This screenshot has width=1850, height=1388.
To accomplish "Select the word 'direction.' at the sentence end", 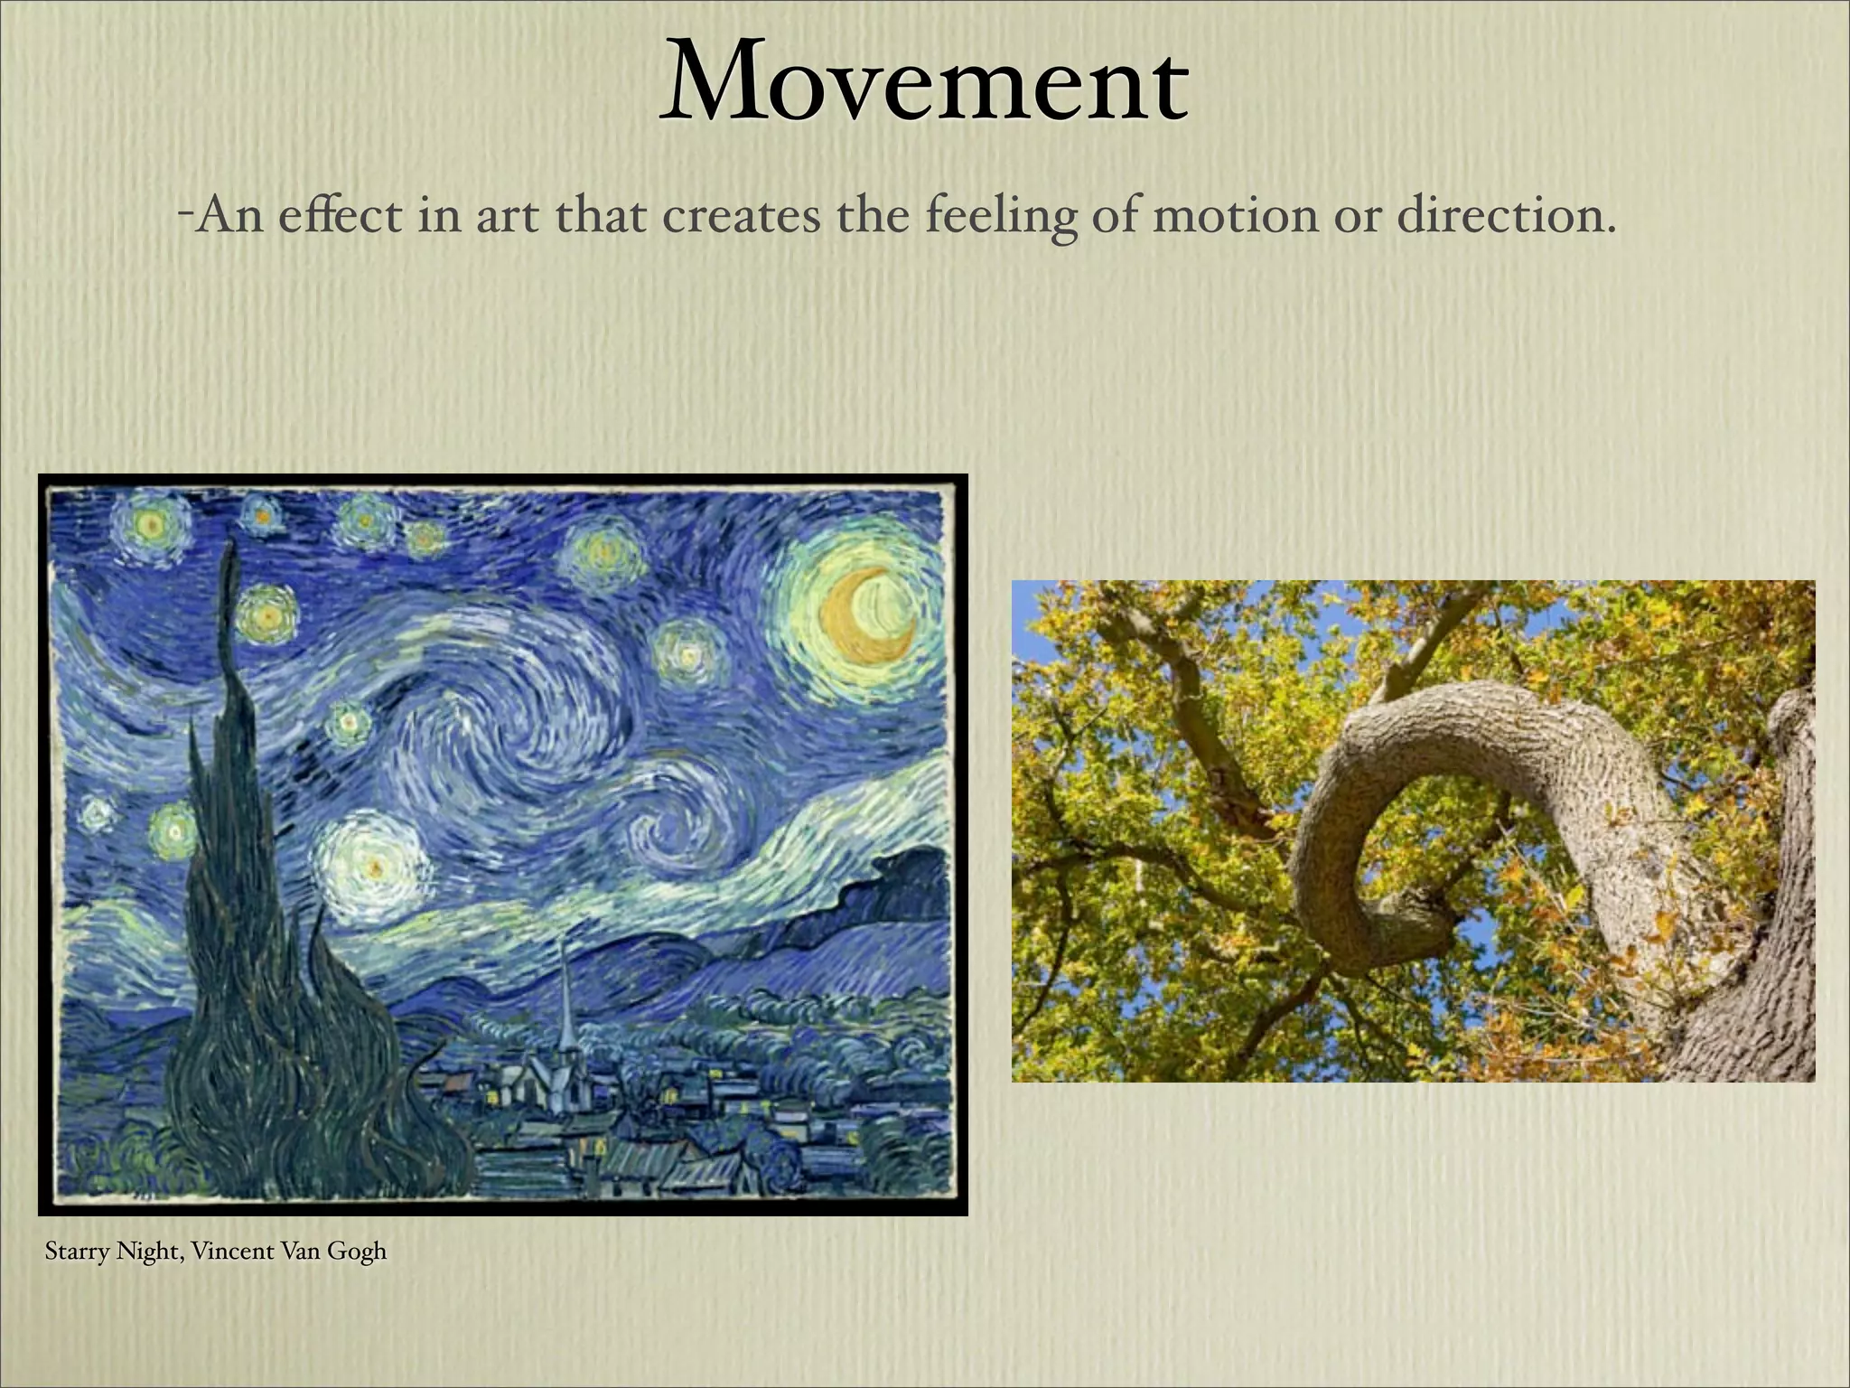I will pos(1505,217).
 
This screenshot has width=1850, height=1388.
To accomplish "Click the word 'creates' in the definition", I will pos(741,217).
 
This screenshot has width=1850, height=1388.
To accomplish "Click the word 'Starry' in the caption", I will pos(77,1252).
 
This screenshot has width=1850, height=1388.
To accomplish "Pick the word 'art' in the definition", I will pos(504,217).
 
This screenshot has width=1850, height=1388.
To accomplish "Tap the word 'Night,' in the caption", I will pos(148,1252).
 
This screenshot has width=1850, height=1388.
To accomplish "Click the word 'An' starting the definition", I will pos(229,217).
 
